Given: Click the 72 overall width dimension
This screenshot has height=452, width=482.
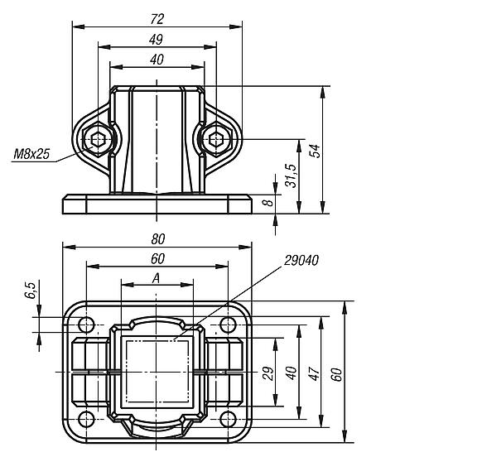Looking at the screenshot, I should pos(156,17).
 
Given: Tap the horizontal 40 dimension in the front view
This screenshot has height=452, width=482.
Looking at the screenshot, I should pos(156,59).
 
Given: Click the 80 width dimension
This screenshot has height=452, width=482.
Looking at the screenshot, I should pos(157,239).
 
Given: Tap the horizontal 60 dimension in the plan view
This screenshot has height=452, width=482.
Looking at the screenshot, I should pos(157,259).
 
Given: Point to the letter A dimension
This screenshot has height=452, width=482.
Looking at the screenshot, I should pos(157,279).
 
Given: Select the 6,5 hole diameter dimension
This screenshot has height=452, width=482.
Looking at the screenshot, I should pos(31,290).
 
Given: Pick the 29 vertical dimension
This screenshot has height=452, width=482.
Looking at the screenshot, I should pos(268,373).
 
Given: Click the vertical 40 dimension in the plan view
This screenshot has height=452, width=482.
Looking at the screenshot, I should pos(291,373).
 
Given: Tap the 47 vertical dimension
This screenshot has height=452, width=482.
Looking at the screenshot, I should pos(313,373).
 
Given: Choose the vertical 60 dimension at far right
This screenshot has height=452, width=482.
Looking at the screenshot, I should pos(337,373).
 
